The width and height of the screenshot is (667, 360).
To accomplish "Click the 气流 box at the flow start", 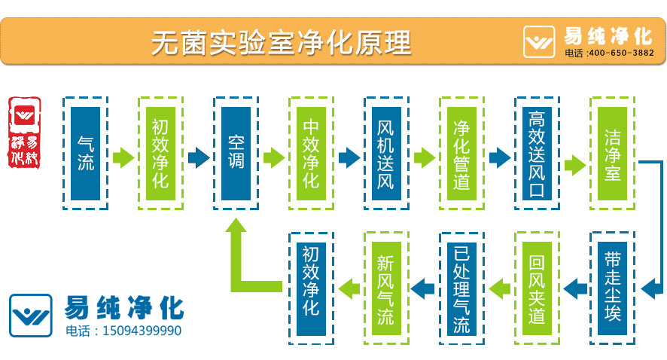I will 85,153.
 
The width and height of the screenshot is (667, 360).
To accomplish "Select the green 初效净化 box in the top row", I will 160,153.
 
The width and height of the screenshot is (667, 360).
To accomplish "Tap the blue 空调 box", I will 236,153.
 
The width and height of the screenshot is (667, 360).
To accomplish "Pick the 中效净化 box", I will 311,153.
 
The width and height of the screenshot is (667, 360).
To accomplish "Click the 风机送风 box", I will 386,153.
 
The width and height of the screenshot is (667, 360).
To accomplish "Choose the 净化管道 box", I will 461,153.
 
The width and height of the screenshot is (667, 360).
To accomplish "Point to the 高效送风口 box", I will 537,153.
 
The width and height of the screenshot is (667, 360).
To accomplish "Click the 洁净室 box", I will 612,153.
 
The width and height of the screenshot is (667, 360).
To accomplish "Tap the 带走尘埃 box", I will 612,288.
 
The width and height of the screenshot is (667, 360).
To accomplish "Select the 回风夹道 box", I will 537,288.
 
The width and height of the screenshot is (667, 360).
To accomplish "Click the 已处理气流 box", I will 461,288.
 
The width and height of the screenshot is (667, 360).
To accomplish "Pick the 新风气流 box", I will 386,288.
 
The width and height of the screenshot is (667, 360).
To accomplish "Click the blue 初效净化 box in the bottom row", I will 311,288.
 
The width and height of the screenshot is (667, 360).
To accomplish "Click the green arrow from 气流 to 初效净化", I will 123,157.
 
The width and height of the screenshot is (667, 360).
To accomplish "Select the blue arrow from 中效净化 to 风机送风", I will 349,157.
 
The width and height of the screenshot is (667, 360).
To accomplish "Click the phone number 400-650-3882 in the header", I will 620,53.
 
